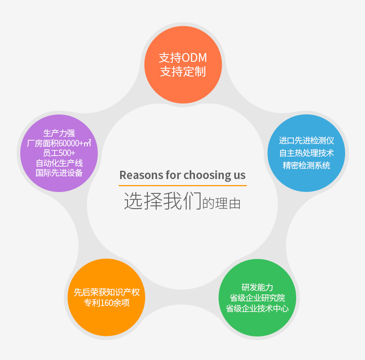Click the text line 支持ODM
coord(183,58)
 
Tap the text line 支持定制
coord(183,72)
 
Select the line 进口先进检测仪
coord(306,140)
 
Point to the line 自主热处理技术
coord(306,153)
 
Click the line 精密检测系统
coord(306,165)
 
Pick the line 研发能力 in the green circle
coord(257,287)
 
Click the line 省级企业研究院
coord(257,298)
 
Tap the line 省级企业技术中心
coord(257,308)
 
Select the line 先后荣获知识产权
coord(107,292)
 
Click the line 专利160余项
coord(107,303)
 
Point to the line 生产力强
coord(59,133)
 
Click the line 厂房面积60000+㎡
coord(59,143)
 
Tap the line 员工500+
coord(59,153)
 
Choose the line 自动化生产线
coord(59,163)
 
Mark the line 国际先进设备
coord(59,173)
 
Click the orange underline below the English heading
coord(182,186)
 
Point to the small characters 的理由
coord(221,204)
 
